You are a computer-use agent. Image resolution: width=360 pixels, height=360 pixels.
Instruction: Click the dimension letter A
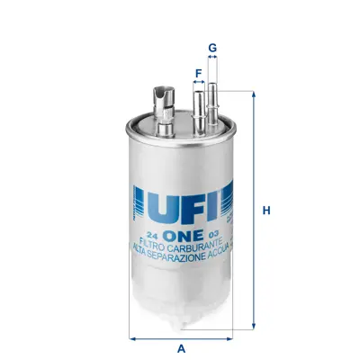point(181,348)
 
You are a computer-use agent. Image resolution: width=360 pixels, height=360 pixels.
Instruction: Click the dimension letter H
point(266,211)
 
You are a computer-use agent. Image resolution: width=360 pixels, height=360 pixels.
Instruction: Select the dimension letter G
point(212,47)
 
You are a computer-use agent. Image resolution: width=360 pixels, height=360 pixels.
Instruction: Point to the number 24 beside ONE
point(153,232)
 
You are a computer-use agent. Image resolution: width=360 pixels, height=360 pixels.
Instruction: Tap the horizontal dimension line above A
point(181,338)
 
